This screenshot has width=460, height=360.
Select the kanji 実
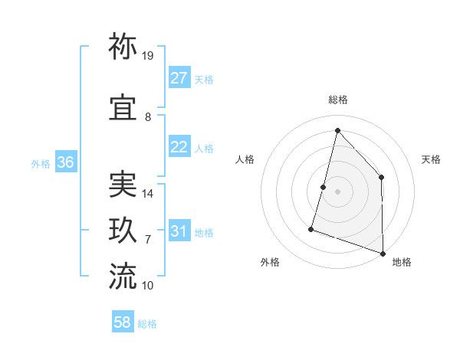point(123,184)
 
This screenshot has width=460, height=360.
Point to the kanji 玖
point(123,231)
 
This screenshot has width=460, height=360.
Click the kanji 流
point(123,277)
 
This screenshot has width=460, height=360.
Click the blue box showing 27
point(179,78)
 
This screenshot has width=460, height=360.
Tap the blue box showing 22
point(179,148)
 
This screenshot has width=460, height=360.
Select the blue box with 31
point(179,231)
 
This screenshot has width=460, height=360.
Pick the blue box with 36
point(65,162)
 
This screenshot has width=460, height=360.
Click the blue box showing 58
point(123,322)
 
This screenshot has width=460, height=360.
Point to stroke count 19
point(148,56)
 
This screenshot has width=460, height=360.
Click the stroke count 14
point(148,194)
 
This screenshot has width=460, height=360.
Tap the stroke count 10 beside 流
point(148,286)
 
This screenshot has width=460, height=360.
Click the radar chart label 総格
point(338,100)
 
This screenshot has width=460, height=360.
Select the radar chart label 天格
point(431,159)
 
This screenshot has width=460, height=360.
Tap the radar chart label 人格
point(245,159)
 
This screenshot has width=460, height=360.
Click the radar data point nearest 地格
point(383,252)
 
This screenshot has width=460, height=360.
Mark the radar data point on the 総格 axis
point(337,130)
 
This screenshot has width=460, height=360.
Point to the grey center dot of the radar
point(337,191)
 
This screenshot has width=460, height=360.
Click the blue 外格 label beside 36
point(41,163)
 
